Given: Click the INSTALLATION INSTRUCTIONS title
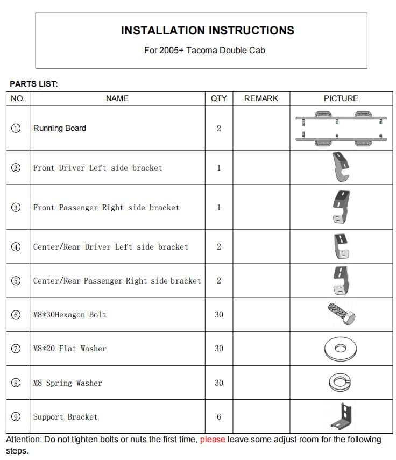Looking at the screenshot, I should [207, 31].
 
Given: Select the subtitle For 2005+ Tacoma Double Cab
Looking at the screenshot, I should [204, 50].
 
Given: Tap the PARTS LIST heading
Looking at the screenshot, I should [34, 84].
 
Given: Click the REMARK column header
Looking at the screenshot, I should [261, 98].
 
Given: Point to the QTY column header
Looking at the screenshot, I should [218, 98].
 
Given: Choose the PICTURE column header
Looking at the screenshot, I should [341, 98].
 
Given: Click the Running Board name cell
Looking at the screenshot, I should [60, 128].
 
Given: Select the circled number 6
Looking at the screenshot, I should [16, 315].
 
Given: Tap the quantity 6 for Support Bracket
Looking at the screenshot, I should [218, 417].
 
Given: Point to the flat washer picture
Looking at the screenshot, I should [341, 349].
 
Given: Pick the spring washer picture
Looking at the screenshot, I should [341, 383].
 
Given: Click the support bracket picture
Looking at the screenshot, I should [341, 416].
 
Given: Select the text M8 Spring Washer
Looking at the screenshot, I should [67, 383].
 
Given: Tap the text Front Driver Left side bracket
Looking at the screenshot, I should [97, 168].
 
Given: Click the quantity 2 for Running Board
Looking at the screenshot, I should [218, 129].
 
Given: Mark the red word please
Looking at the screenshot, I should [213, 440].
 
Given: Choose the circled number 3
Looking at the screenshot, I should [16, 208].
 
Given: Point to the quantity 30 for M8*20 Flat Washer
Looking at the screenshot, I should [218, 349].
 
